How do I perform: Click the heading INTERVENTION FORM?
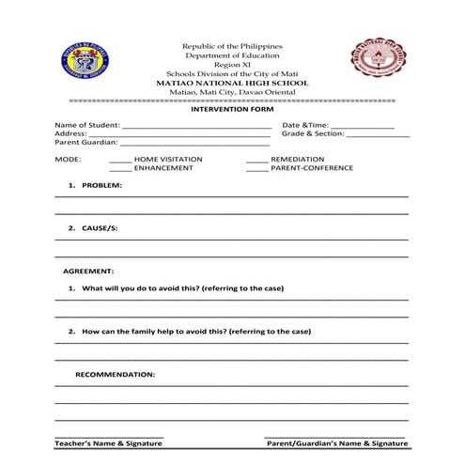231,109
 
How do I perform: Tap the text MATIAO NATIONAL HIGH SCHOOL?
231,83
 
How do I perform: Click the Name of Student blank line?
196,126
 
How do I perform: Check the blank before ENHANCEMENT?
120,170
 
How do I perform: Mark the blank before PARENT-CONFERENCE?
257,170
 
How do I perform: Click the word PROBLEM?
101,185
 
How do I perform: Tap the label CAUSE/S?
100,228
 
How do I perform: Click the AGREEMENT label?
88,271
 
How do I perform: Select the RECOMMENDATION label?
115,374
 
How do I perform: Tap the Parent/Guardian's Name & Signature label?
337,442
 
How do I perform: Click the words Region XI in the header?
231,64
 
